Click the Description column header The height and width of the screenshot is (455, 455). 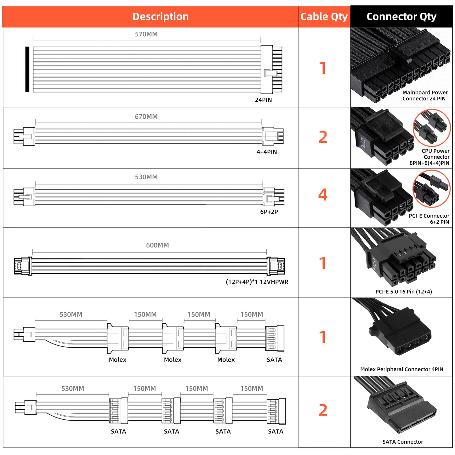160,16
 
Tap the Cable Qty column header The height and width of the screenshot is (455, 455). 324,16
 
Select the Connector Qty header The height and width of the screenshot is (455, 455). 401,16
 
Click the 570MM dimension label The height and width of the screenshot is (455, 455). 146,34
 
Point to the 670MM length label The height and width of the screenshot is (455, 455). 146,117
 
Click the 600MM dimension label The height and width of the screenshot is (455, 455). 157,245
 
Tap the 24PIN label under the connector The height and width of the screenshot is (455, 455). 263,100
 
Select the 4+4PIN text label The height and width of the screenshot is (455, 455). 267,152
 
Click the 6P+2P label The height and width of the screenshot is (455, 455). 269,212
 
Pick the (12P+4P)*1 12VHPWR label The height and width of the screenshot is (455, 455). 257,282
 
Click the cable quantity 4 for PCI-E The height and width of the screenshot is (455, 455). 323,195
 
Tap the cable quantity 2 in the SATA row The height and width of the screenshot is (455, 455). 323,410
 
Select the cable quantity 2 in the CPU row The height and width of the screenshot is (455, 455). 323,137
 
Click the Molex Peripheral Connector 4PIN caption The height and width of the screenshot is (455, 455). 401,369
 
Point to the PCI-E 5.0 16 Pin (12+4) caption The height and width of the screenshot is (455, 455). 403,292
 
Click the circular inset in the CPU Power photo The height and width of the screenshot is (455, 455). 432,128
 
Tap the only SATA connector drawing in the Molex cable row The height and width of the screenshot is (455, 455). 275,338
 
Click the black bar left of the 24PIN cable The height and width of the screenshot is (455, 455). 27,69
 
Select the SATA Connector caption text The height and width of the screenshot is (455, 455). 402,442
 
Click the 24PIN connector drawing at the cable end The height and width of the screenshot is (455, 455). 271,70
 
